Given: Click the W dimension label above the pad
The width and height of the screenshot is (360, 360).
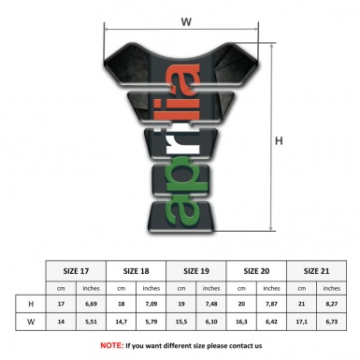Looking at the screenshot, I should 186,19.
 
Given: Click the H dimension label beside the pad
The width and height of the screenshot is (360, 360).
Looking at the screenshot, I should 278,142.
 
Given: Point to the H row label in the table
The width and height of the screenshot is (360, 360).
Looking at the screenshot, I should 31,304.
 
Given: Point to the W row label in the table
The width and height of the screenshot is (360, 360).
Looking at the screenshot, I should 31,322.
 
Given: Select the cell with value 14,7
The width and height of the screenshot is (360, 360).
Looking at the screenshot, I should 122,322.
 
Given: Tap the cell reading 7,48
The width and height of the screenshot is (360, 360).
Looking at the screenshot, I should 212,304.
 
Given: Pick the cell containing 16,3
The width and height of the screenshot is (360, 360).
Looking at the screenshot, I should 242,322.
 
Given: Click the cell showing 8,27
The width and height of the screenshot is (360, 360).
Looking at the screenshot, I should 332,304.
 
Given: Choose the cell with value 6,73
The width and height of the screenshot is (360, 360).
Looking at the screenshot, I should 332,322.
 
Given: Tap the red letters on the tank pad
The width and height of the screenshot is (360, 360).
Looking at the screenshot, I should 185,94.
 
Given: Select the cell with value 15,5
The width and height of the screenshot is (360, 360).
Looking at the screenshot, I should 182,322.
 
